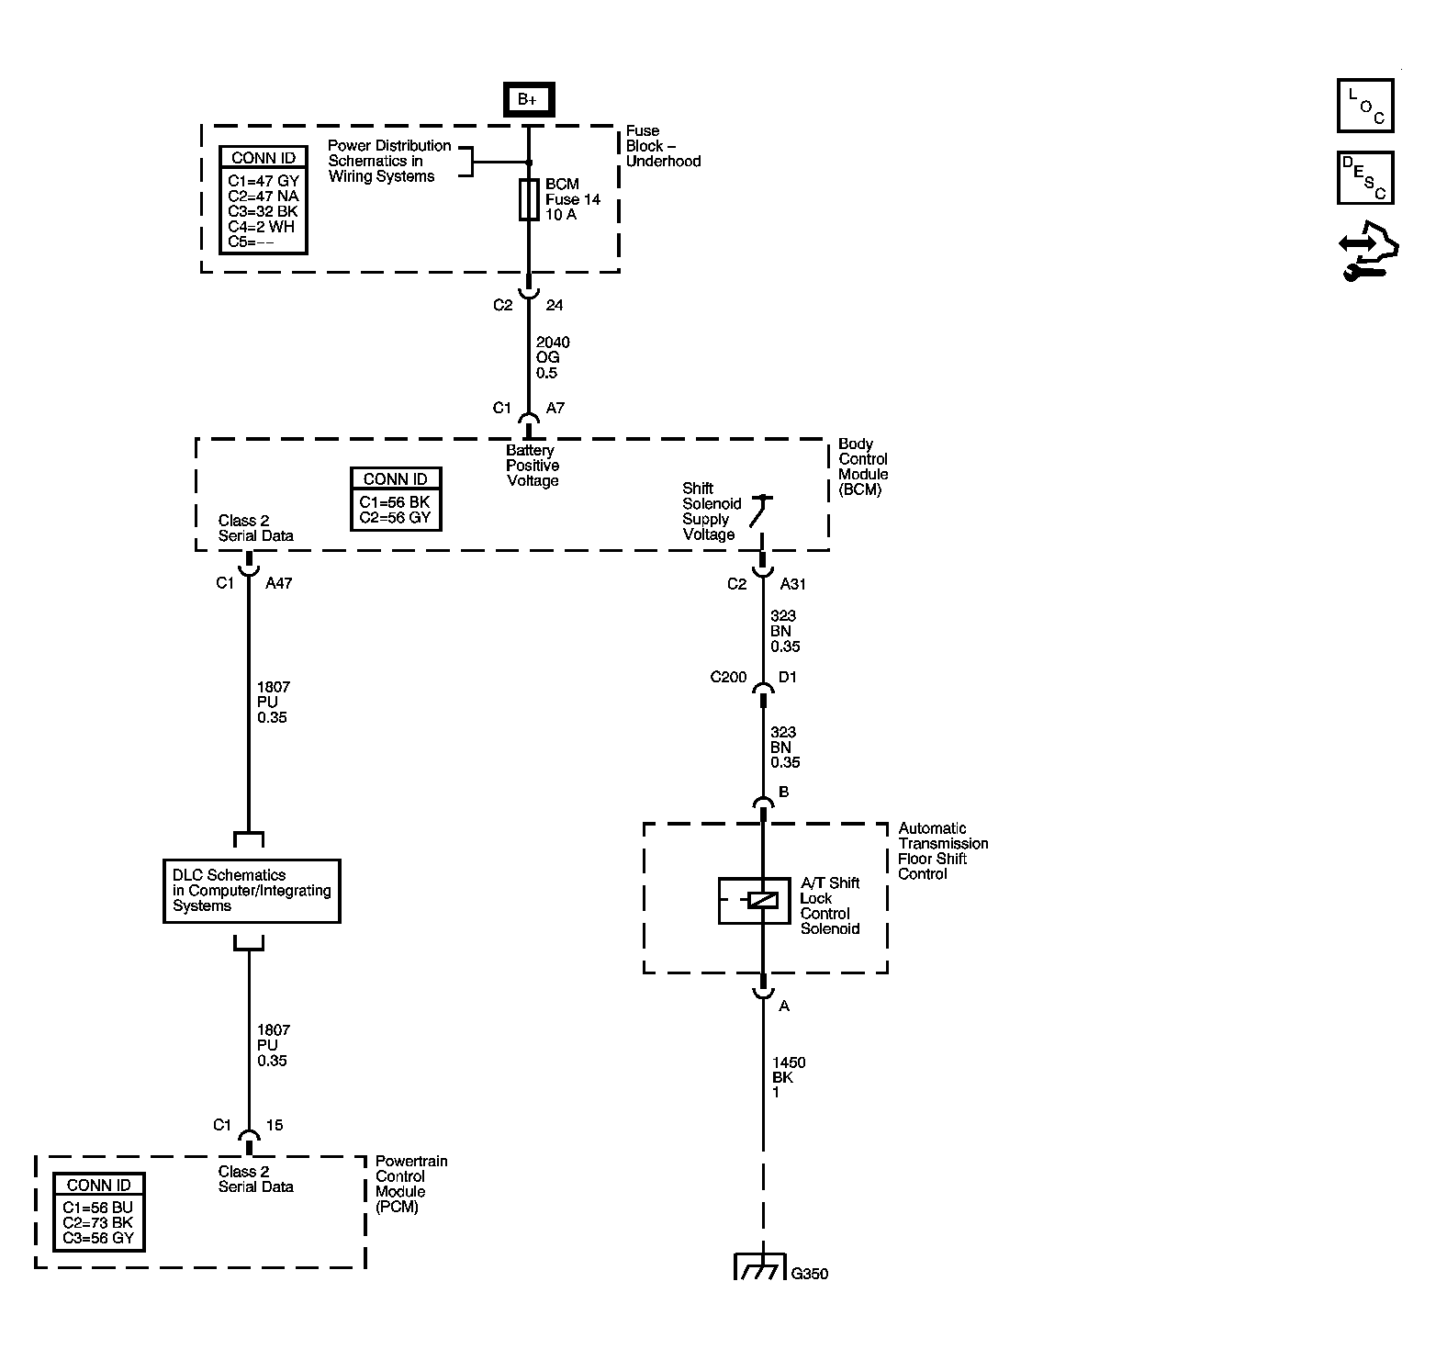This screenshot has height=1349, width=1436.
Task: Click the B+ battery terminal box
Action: (x=528, y=99)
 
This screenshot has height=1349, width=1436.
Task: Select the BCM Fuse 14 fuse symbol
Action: (x=529, y=199)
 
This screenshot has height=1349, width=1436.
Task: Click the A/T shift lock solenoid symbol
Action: (x=754, y=900)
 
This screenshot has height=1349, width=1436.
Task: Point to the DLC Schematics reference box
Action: (x=252, y=891)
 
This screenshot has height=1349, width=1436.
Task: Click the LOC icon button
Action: (x=1365, y=106)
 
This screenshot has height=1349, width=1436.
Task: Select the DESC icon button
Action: (x=1365, y=177)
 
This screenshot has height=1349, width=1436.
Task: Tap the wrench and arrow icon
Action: (x=1368, y=250)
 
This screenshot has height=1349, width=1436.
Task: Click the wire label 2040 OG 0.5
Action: (x=553, y=357)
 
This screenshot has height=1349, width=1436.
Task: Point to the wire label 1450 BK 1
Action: (x=788, y=1077)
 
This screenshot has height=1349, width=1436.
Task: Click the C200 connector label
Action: (x=728, y=678)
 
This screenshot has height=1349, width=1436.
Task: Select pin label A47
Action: (x=278, y=583)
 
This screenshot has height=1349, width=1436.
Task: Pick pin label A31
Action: (x=793, y=584)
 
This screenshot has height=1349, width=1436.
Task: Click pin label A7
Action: (x=555, y=408)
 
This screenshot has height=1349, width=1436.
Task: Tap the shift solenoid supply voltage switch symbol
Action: (x=759, y=512)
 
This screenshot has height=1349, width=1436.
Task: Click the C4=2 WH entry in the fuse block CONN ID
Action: (x=262, y=227)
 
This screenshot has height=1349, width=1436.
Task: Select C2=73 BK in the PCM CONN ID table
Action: (x=97, y=1223)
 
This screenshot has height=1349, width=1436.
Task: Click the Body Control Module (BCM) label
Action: (x=863, y=467)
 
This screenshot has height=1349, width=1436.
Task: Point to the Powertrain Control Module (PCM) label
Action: (x=411, y=1184)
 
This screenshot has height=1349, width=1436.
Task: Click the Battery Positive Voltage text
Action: (x=533, y=466)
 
